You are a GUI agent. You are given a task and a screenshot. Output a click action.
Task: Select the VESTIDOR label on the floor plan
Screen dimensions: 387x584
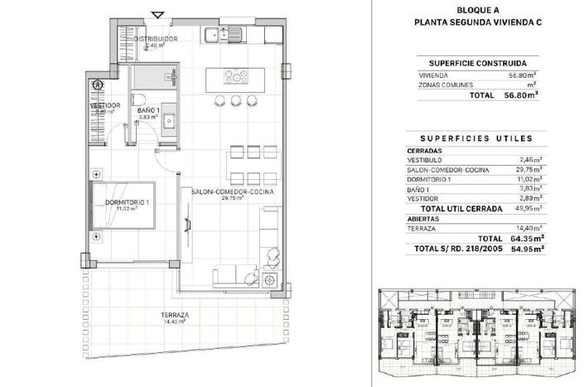point(105,105)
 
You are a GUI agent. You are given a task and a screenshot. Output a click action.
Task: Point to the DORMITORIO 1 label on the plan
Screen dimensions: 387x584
point(127,202)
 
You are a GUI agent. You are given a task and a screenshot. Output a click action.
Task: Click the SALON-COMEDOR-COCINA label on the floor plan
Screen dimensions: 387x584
point(232,192)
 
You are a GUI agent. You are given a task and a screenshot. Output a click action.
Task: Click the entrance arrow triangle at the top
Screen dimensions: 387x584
point(158,13)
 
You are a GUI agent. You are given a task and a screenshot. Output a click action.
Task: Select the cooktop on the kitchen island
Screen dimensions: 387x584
point(234,78)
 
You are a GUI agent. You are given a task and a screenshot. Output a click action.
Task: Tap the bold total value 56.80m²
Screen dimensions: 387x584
point(522,95)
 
